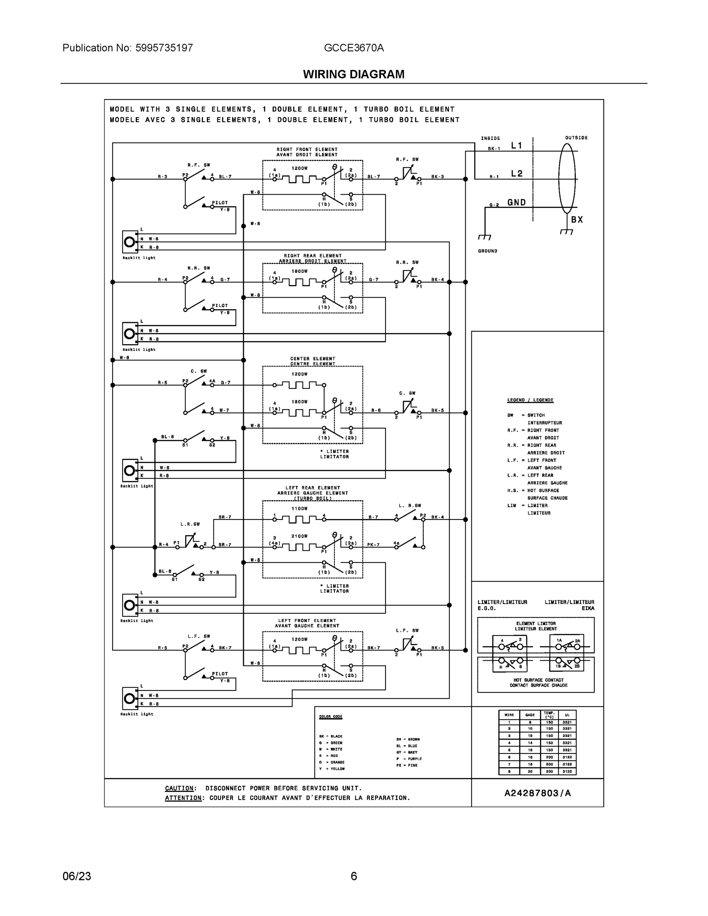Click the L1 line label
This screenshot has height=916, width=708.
[x=516, y=145]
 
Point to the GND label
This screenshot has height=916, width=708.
[x=516, y=203]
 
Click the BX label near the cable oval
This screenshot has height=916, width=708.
[x=577, y=219]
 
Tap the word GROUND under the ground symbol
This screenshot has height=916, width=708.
[x=487, y=251]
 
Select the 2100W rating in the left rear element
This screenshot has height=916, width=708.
[x=300, y=536]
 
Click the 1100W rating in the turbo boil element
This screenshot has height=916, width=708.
[x=300, y=508]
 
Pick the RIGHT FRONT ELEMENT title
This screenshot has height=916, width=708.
[x=307, y=149]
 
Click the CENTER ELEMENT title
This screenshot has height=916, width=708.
[x=313, y=359]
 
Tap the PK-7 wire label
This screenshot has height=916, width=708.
[x=373, y=545]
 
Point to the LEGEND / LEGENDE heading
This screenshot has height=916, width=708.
[x=530, y=400]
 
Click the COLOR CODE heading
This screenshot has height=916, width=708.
[x=331, y=716]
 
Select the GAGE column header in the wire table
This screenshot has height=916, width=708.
[x=530, y=715]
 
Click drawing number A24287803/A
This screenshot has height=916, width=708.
[x=537, y=793]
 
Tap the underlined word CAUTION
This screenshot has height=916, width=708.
[x=179, y=788]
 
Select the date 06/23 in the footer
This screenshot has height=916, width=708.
[x=77, y=876]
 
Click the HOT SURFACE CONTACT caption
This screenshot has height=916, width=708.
[x=538, y=680]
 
